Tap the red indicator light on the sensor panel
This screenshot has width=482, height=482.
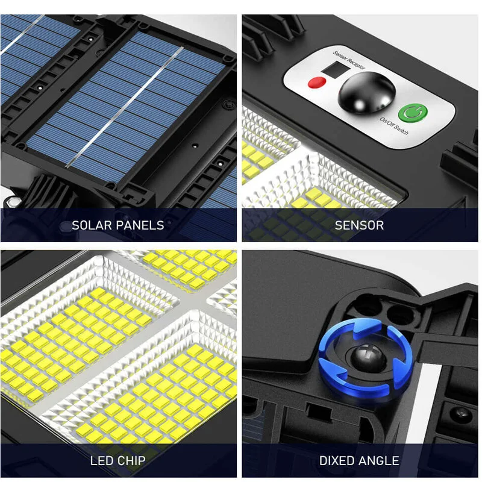pos(317,83)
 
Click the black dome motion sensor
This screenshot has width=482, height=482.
pos(366,93)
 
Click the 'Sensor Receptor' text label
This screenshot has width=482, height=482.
pos(349,60)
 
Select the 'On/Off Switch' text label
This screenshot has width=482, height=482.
pos(394,126)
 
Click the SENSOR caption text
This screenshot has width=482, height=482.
pos(359,225)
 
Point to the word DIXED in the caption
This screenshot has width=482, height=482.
pos(336,460)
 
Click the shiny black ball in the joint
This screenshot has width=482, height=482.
pos(365,357)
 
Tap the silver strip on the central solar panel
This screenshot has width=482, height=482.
pos(125,108)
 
